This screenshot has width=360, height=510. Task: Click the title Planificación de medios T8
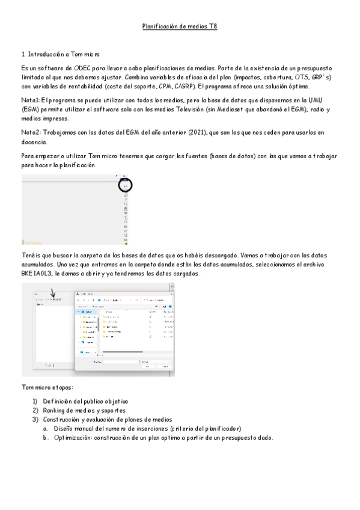coord(179,27)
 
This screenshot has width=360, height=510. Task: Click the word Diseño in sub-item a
coord(64,428)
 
